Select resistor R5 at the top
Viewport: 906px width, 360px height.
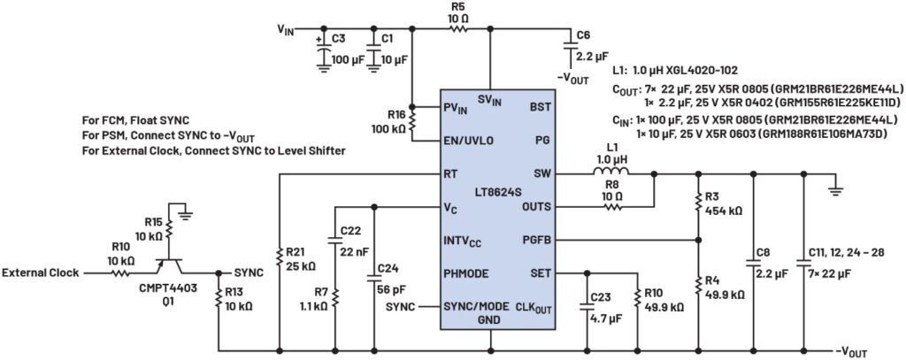(x=457, y=28)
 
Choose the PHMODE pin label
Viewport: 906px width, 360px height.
(x=466, y=273)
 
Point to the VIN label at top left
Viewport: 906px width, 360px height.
(x=285, y=28)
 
